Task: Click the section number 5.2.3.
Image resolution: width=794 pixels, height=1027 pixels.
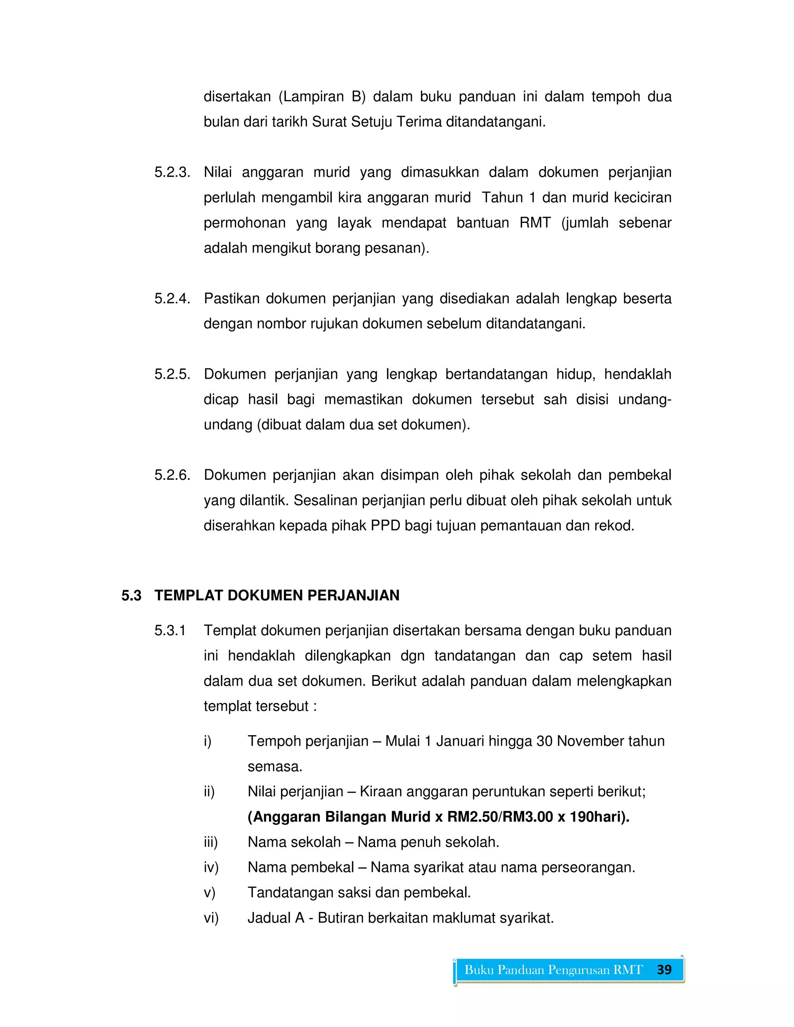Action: point(172,172)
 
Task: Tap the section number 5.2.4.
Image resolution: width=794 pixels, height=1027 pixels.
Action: point(172,298)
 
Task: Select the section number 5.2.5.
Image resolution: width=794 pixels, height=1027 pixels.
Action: point(172,374)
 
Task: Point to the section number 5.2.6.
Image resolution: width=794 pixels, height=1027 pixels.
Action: point(172,475)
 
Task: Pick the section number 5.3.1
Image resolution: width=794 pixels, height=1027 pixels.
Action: point(170,631)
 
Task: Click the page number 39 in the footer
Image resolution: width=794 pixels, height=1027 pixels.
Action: point(664,970)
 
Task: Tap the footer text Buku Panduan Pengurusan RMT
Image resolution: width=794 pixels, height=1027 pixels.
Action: point(553,970)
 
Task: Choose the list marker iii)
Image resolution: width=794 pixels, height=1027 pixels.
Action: point(211,842)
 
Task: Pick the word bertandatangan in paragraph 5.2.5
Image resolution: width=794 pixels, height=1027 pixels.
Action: point(496,374)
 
